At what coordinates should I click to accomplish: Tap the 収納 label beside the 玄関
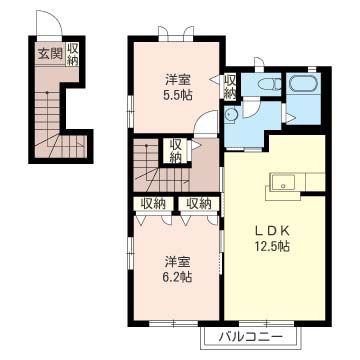(x=73, y=54)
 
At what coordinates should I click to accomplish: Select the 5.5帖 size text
(x=178, y=96)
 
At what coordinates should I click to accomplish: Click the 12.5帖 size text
(x=272, y=246)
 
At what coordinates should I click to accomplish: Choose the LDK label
(x=272, y=230)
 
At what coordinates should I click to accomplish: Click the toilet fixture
(x=270, y=84)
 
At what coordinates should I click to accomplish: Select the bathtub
(x=303, y=83)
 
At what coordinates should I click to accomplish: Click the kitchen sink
(x=283, y=183)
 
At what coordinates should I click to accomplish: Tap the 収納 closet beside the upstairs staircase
(x=177, y=152)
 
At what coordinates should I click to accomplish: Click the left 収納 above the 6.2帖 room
(x=153, y=203)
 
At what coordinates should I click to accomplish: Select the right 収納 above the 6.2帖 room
(x=199, y=203)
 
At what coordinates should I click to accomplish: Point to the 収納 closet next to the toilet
(x=229, y=87)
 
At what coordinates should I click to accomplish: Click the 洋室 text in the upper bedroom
(x=178, y=80)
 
